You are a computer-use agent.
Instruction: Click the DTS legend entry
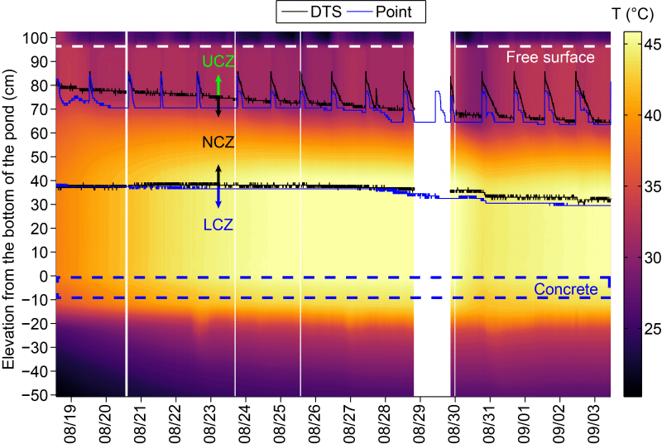point(311,12)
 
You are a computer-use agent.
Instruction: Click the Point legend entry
point(383,12)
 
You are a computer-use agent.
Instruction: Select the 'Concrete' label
point(566,289)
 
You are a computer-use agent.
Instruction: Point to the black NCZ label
point(218,142)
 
